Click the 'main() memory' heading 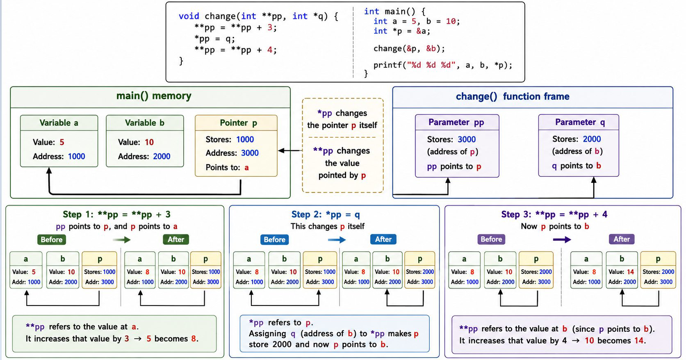(154, 96)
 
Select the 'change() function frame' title (513, 96)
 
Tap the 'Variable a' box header (59, 123)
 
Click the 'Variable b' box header (145, 123)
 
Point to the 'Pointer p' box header (238, 123)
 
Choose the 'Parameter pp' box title (456, 122)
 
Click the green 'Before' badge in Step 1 (52, 239)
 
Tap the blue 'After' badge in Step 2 (383, 239)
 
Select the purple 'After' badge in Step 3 (621, 239)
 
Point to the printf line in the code (442, 65)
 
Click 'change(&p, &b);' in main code (409, 48)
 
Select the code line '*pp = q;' (215, 39)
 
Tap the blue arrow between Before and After (337, 239)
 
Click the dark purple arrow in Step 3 (562, 239)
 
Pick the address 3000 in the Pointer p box (250, 153)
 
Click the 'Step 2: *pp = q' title (326, 214)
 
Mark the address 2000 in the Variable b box (162, 157)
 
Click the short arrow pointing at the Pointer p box (290, 150)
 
